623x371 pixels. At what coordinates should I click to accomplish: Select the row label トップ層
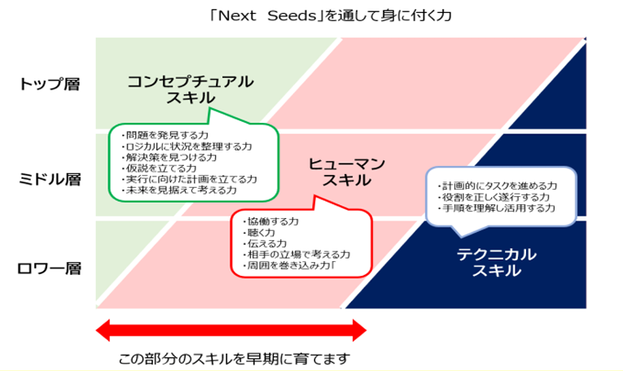click(50, 85)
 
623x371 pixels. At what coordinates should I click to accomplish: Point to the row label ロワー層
click(50, 268)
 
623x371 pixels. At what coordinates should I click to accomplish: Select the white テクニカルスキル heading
click(495, 262)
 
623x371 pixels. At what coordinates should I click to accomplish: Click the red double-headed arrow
click(231, 330)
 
